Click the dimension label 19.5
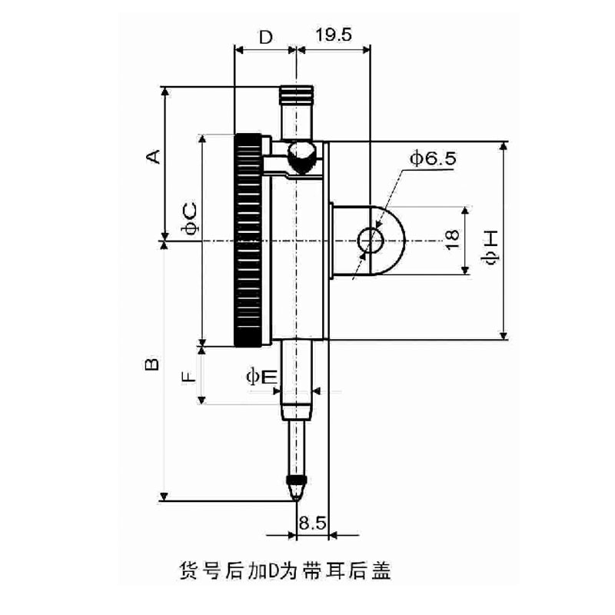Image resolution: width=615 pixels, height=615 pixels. [334, 35]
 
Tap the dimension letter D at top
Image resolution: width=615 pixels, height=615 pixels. [266, 38]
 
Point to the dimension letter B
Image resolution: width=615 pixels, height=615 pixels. [152, 364]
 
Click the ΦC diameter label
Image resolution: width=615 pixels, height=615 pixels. [190, 218]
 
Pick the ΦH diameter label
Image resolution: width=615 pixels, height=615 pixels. [490, 247]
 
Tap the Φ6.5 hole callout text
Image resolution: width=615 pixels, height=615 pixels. [433, 158]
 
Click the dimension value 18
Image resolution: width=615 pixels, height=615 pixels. [453, 240]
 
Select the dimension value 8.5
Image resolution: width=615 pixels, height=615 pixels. [312, 523]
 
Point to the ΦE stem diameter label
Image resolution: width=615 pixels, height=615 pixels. [261, 377]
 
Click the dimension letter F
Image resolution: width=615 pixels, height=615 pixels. [188, 377]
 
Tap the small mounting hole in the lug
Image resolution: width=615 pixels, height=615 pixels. [370, 241]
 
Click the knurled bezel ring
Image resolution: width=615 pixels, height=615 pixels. [248, 241]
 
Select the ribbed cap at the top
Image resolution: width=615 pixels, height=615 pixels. [297, 95]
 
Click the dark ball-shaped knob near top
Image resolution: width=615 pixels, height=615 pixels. [301, 158]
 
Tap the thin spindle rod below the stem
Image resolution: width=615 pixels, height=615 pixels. [297, 448]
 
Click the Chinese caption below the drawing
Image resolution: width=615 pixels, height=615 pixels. [285, 571]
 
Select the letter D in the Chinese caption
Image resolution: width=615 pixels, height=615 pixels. [274, 571]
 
